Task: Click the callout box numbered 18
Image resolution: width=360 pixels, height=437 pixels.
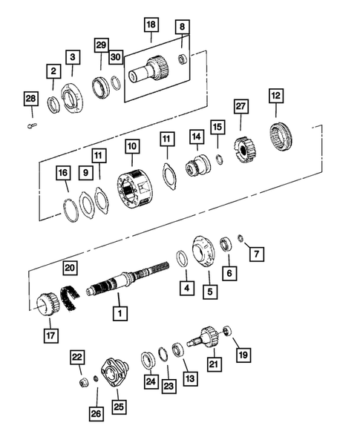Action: click(151, 25)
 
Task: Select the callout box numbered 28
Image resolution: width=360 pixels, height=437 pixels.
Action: click(30, 98)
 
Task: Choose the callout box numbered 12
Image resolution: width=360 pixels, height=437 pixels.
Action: click(276, 96)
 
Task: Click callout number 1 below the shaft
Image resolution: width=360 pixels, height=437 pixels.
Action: click(117, 314)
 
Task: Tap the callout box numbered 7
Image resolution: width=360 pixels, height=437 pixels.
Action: click(256, 254)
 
